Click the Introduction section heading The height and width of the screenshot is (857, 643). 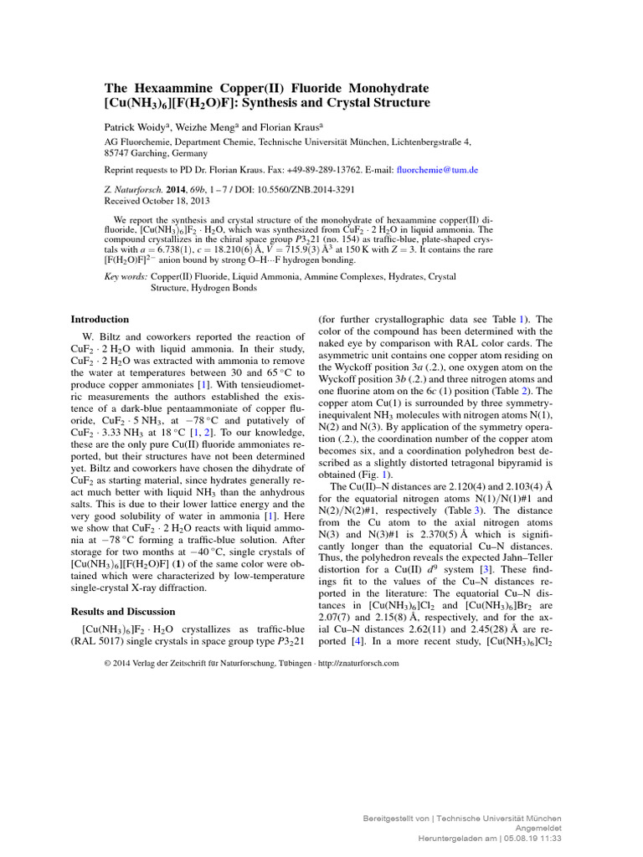click(x=100, y=319)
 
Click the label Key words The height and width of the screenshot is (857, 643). click(x=126, y=276)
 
